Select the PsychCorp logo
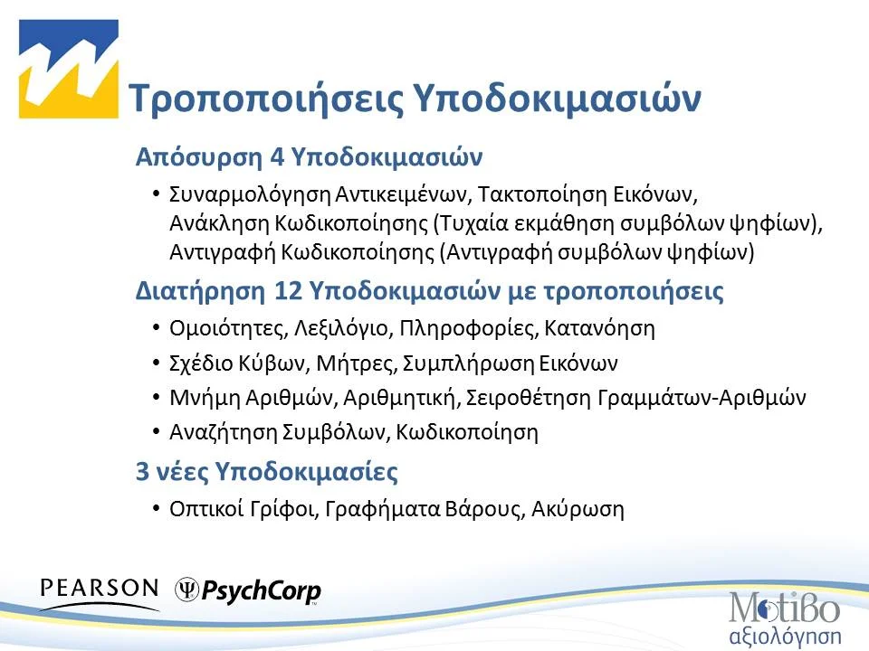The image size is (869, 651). click(248, 591)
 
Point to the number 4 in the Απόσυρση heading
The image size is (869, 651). click(277, 156)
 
